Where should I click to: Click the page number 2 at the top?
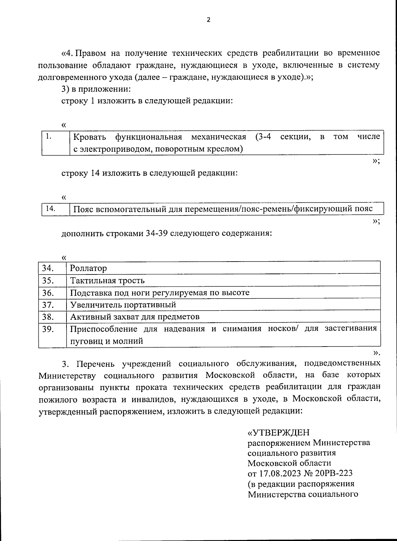(x=208, y=20)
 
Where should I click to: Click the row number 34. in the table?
(x=48, y=268)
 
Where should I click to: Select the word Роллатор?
(x=88, y=268)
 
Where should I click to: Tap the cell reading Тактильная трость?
(x=108, y=280)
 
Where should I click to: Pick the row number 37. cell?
(x=48, y=305)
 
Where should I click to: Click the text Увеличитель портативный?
(x=123, y=305)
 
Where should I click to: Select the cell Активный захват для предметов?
(x=135, y=317)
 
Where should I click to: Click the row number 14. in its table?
(x=50, y=208)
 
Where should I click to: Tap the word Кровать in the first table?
(x=89, y=137)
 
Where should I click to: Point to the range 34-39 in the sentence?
(x=157, y=233)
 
